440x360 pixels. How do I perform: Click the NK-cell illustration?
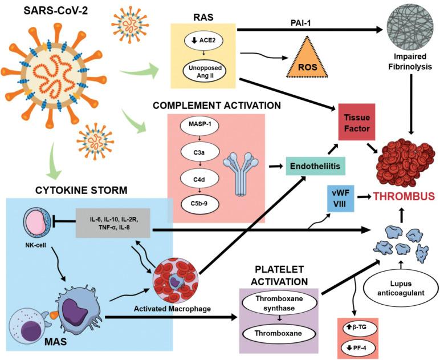point(36,224)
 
